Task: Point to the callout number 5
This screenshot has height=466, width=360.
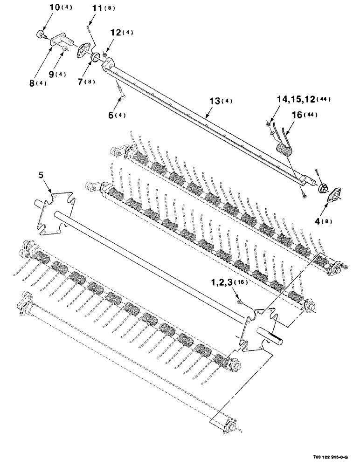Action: pos(42,175)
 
